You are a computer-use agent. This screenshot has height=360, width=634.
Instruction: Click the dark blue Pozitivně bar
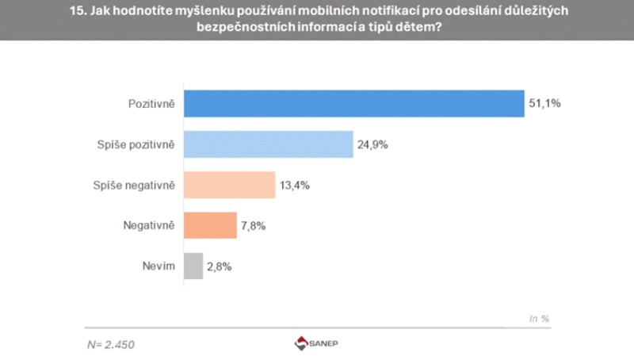click(x=353, y=104)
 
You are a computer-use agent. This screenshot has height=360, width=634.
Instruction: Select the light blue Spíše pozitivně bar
click(x=268, y=144)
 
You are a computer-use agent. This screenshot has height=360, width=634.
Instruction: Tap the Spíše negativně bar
click(x=229, y=185)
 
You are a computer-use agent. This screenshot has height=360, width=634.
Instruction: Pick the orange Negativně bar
click(x=210, y=225)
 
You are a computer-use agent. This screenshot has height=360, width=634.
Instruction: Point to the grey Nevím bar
click(x=193, y=266)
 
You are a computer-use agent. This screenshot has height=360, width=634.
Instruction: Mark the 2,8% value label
click(x=220, y=266)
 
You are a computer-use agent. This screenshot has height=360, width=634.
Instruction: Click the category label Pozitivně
click(x=152, y=104)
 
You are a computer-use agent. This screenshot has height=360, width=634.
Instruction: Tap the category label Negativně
click(x=149, y=225)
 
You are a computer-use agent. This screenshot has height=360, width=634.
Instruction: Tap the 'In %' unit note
click(x=539, y=318)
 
